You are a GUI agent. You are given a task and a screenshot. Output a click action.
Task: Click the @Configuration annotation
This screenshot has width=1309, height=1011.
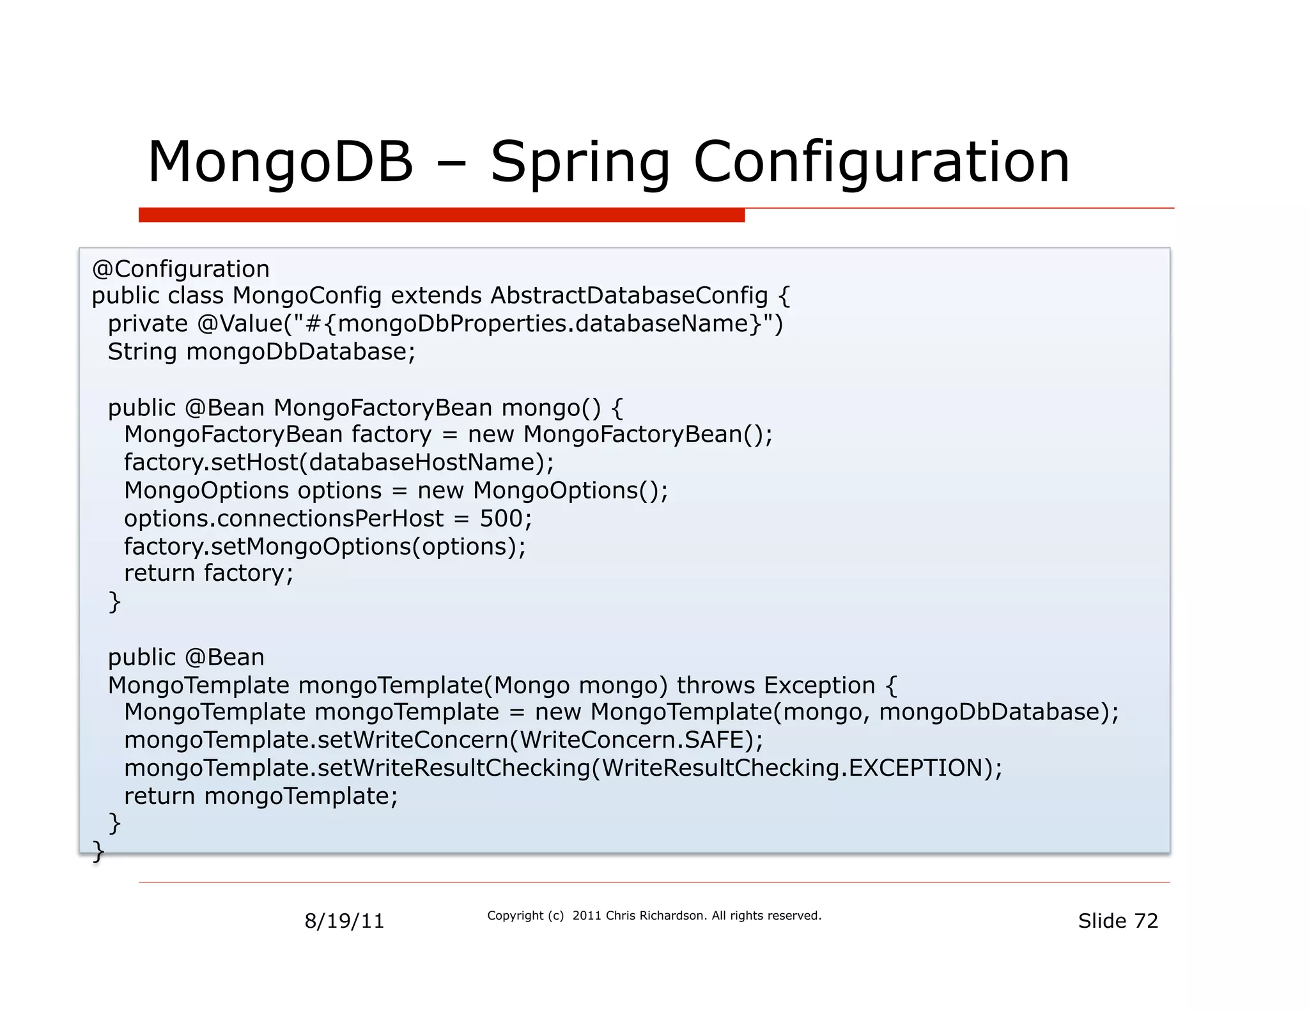tap(181, 269)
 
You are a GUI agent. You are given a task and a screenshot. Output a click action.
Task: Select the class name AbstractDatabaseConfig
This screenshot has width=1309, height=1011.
tap(629, 296)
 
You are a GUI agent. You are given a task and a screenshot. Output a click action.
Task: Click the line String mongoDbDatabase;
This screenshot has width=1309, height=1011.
tap(261, 352)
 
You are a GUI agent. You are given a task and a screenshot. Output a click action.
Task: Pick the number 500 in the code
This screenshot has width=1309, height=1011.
tap(501, 518)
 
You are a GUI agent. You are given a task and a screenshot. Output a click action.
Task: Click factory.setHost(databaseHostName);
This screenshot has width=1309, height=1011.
tap(339, 462)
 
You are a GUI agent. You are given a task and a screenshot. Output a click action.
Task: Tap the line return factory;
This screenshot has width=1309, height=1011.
tap(208, 573)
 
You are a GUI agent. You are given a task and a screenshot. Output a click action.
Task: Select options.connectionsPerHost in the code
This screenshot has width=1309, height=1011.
tap(283, 518)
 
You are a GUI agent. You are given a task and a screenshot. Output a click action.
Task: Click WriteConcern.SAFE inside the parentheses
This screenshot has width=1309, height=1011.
tap(631, 740)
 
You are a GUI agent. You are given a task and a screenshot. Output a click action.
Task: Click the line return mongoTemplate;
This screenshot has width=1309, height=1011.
tap(261, 796)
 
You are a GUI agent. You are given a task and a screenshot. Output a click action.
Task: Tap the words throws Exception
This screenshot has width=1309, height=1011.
tap(775, 685)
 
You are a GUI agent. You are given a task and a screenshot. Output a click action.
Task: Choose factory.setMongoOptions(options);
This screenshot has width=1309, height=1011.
tap(325, 546)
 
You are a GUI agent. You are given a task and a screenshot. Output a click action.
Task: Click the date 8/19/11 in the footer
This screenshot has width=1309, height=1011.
tap(344, 921)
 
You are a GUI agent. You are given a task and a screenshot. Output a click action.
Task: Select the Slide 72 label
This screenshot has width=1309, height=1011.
tap(1117, 921)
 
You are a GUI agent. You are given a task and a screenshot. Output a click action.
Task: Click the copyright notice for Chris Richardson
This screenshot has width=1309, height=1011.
tap(653, 916)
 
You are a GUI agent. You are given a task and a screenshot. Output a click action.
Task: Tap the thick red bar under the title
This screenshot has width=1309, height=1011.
tap(441, 215)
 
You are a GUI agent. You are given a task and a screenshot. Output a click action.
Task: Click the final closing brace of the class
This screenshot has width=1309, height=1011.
tap(98, 851)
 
